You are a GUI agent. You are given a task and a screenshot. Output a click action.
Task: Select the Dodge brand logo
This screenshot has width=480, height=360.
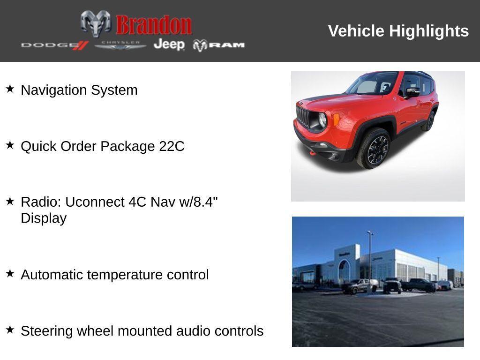(x=54, y=45)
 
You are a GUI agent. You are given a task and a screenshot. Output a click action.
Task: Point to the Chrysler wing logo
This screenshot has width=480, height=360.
(x=120, y=45)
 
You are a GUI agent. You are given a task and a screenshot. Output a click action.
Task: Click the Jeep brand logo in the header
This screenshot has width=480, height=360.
(x=169, y=45)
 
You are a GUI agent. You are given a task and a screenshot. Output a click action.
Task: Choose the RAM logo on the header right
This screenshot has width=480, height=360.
(x=219, y=45)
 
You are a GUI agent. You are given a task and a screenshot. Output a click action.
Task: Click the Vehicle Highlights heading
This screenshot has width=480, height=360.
(x=398, y=31)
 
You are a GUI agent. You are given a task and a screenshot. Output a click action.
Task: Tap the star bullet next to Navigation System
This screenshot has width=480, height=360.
(x=10, y=89)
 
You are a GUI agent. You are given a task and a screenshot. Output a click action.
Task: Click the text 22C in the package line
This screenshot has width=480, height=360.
(x=172, y=146)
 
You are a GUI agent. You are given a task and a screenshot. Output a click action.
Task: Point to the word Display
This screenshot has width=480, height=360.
(x=44, y=218)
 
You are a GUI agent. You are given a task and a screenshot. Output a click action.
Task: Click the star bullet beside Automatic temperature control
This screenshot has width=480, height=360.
(x=10, y=273)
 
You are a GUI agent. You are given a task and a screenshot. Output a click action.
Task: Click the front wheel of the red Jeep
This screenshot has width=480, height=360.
(x=374, y=149)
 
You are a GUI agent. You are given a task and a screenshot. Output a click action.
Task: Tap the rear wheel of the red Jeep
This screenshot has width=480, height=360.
(x=428, y=121)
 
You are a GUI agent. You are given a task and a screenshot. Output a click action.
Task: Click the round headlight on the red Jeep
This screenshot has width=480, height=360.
(x=322, y=120)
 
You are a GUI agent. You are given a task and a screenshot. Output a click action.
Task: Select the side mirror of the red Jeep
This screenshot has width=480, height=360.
(x=412, y=92)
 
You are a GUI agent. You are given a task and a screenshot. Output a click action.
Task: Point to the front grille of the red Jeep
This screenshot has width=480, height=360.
(x=303, y=116)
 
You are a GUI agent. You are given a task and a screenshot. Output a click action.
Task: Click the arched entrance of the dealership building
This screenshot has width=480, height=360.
(x=344, y=271)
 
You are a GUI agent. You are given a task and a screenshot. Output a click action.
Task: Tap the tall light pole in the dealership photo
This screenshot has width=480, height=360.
(x=370, y=255)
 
